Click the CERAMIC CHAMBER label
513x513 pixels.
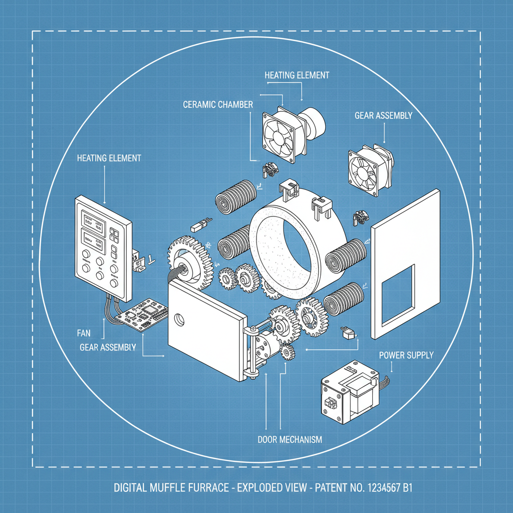pos(218,104)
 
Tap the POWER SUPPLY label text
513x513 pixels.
pos(406,355)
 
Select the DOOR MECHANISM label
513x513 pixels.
pos(290,439)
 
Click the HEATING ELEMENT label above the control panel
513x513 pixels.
pos(109,158)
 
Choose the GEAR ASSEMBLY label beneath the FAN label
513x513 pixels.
pos(107,347)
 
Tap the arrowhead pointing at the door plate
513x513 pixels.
pos(164,356)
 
